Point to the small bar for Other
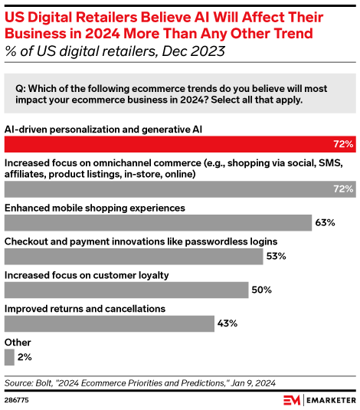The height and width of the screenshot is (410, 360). (9, 357)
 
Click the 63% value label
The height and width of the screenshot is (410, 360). (324, 223)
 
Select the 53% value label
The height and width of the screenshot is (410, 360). (277, 257)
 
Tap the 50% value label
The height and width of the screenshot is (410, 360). (262, 290)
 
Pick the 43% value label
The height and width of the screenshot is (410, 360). (227, 323)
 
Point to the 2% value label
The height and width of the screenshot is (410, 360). (25, 357)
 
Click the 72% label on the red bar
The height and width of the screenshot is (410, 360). (342, 143)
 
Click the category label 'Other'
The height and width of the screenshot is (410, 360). (18, 342)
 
